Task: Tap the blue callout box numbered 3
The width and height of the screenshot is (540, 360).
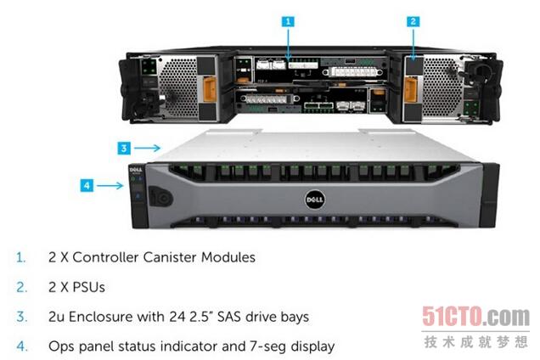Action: pyautogui.click(x=123, y=148)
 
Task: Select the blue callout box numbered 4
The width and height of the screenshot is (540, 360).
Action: pyautogui.click(x=87, y=183)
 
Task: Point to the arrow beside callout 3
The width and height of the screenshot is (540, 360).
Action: pyautogui.click(x=148, y=148)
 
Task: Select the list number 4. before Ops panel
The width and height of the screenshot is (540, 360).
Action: pyautogui.click(x=21, y=346)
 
